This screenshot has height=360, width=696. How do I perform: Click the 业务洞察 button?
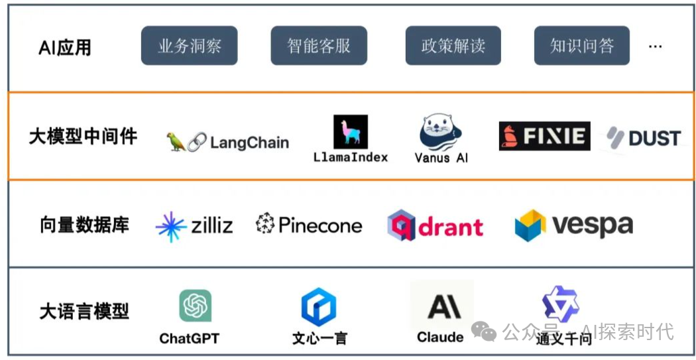tap(189, 46)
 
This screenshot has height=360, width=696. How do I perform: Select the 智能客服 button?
tap(319, 46)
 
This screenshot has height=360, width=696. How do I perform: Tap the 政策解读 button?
tap(453, 46)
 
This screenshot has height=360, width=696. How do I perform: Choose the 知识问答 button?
tap(582, 46)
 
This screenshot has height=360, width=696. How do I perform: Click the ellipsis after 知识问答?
tap(656, 46)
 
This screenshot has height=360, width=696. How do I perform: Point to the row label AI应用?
tap(65, 47)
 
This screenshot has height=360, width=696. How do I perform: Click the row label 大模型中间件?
tap(83, 137)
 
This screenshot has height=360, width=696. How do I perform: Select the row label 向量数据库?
tap(84, 225)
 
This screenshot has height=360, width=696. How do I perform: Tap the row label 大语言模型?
tap(84, 311)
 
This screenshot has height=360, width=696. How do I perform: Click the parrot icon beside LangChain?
tap(176, 142)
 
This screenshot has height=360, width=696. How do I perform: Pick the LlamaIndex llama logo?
tap(350, 131)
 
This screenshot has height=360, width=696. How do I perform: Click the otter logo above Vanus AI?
tap(441, 131)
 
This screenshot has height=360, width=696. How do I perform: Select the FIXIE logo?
tap(544, 137)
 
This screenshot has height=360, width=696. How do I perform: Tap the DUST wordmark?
tap(654, 138)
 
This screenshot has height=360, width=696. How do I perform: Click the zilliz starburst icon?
tap(171, 226)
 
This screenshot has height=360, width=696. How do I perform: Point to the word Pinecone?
tap(320, 225)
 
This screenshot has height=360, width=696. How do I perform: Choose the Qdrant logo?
tap(435, 226)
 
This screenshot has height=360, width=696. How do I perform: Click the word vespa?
tap(592, 225)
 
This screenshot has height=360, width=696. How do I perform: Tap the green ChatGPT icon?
tap(195, 306)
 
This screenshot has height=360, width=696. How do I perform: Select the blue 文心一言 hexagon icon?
tap(319, 306)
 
